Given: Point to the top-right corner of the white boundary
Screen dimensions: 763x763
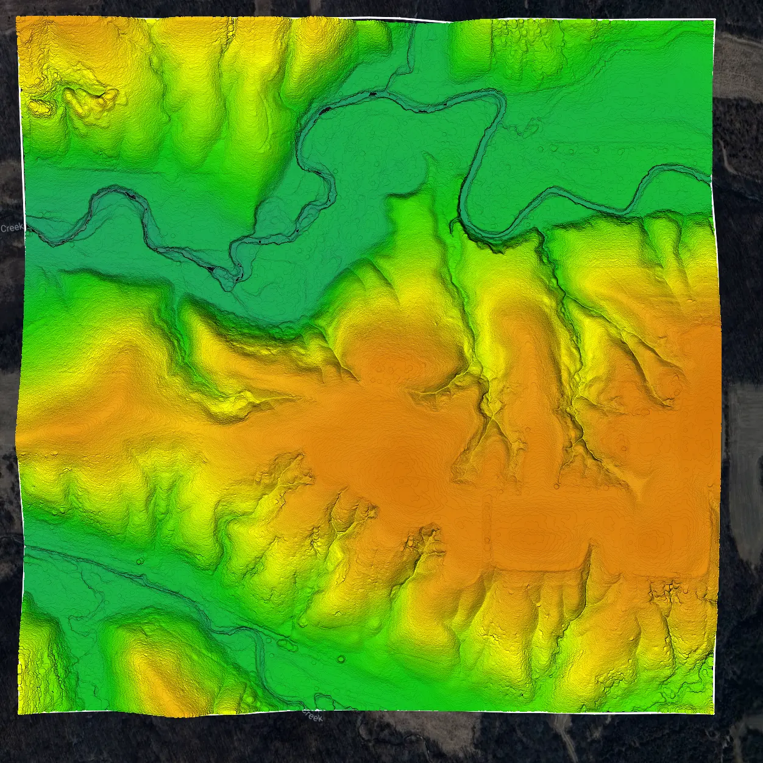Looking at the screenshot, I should click(714, 20).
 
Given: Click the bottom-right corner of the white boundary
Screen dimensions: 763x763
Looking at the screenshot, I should click(714, 712).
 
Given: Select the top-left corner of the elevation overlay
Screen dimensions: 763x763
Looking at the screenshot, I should click(16, 17).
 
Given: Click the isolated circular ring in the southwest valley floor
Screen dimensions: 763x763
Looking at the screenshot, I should click(341, 659).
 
